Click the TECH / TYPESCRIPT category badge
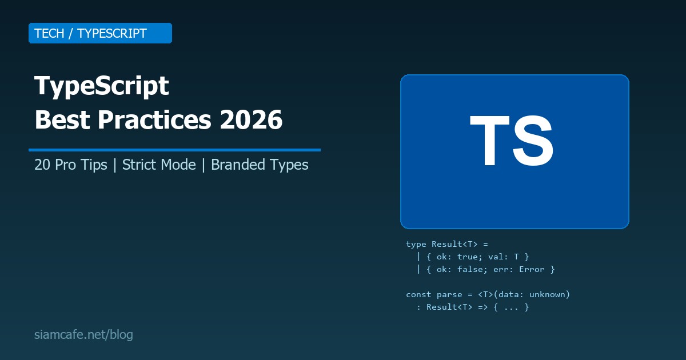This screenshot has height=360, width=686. [x=100, y=33]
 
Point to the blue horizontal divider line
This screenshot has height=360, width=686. [x=174, y=150]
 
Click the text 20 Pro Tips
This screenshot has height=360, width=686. [x=71, y=165]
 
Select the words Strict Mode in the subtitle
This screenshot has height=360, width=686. [x=159, y=165]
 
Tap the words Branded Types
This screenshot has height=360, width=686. [x=260, y=165]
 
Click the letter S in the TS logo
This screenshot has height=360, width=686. [x=533, y=142]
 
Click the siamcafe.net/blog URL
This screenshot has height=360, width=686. [x=83, y=335]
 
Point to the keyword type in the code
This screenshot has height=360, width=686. [x=416, y=244]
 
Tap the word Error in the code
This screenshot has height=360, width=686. [x=531, y=269]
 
